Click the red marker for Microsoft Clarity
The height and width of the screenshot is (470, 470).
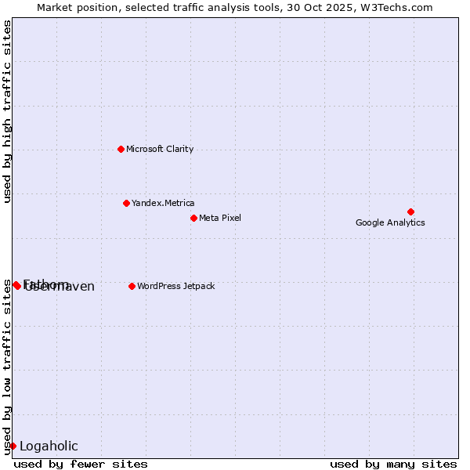(121, 149)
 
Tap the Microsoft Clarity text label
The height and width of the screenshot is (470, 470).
(160, 149)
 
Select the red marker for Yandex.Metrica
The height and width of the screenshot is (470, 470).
(126, 203)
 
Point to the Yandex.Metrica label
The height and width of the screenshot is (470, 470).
(163, 203)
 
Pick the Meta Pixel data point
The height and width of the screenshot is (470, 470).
(193, 218)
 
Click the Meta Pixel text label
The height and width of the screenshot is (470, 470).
(220, 218)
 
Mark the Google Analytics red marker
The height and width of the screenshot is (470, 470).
(410, 211)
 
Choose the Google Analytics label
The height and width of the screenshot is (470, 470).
(390, 222)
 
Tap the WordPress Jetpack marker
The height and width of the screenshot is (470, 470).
(132, 286)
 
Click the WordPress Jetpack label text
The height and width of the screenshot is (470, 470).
(175, 286)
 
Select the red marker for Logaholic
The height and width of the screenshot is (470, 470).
(13, 446)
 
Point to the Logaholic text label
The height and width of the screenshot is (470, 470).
(49, 446)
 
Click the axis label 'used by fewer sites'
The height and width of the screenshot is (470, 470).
(81, 464)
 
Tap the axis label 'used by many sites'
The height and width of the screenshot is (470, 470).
(393, 464)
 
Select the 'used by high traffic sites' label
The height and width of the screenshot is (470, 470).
(8, 111)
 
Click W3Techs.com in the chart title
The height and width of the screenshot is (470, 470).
(398, 8)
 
